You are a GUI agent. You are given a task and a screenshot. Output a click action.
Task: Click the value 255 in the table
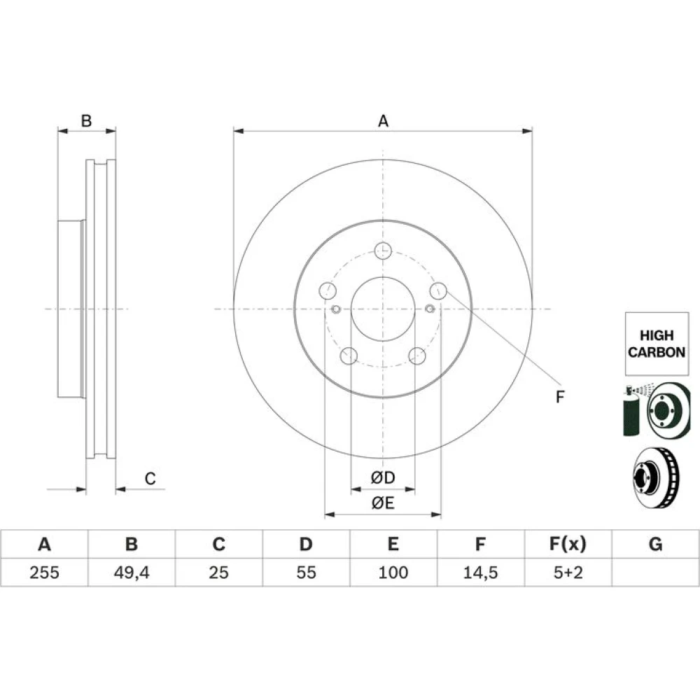point(44,573)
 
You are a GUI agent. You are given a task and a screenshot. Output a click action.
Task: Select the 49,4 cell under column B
point(132,573)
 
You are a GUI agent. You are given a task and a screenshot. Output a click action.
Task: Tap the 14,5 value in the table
point(480,573)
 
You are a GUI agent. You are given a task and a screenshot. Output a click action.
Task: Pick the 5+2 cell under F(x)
point(568,573)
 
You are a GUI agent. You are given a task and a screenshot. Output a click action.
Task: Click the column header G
point(655,544)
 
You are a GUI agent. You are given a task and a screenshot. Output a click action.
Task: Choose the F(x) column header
point(568,544)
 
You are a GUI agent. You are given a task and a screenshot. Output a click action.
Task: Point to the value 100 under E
point(393,573)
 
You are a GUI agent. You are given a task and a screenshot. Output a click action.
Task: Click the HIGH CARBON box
point(657,344)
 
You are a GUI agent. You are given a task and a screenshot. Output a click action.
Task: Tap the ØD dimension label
point(383,477)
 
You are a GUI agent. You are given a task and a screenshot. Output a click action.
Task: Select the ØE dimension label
point(383,503)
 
